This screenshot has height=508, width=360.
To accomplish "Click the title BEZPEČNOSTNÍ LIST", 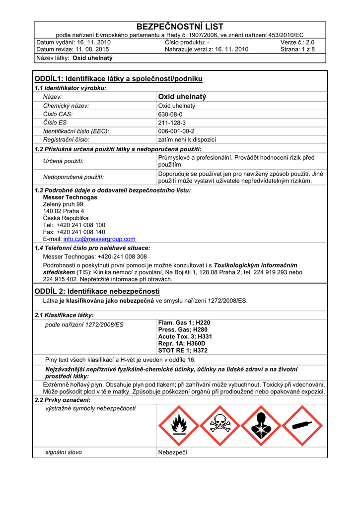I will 180,27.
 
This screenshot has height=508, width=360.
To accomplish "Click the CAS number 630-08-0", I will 170,114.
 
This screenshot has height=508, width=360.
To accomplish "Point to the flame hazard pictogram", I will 178,426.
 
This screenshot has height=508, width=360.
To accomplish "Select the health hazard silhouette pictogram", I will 261,426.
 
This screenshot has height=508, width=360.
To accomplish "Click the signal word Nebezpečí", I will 172,452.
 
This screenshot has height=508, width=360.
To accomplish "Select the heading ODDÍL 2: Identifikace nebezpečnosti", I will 97,291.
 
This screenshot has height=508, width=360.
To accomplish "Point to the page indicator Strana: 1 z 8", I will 297,49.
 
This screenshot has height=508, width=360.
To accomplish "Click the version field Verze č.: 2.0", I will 297,42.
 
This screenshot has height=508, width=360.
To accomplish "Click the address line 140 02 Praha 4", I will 64,211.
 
